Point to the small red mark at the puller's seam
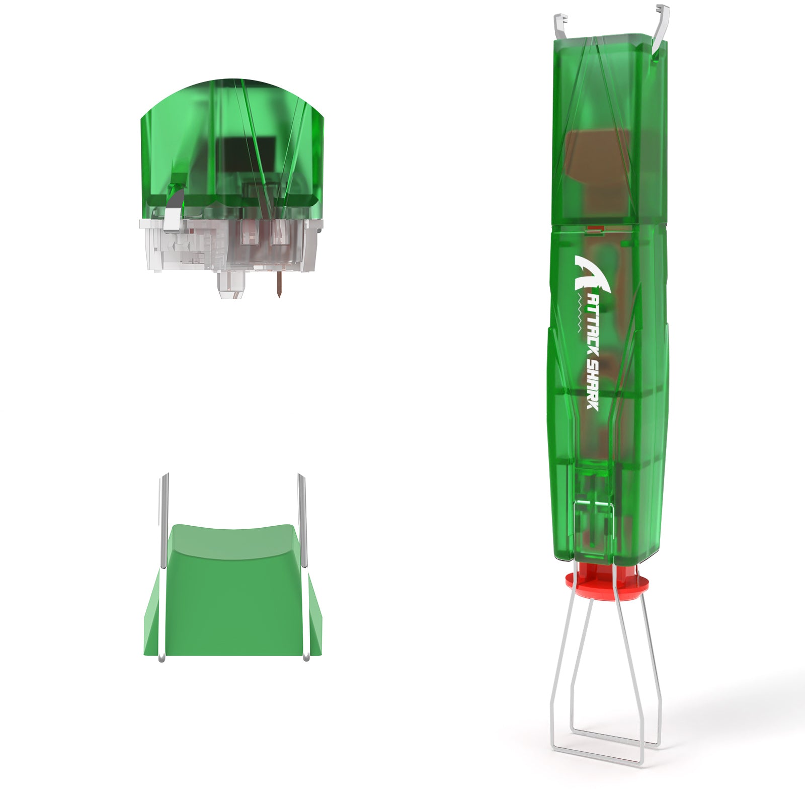point(595,229)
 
